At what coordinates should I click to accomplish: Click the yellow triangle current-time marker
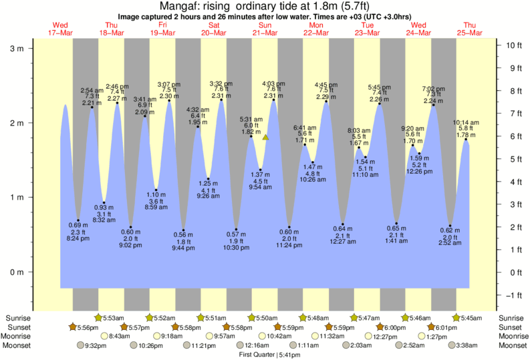pos(265,138)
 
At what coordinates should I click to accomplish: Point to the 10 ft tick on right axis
pos(514,45)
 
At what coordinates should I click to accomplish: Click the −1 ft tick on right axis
pos(514,295)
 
